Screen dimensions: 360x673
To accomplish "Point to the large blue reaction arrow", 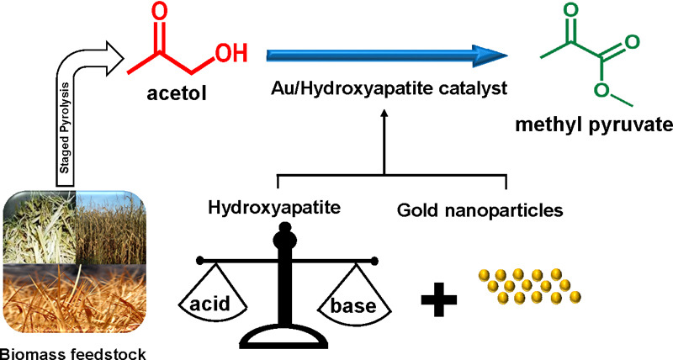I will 388,56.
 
